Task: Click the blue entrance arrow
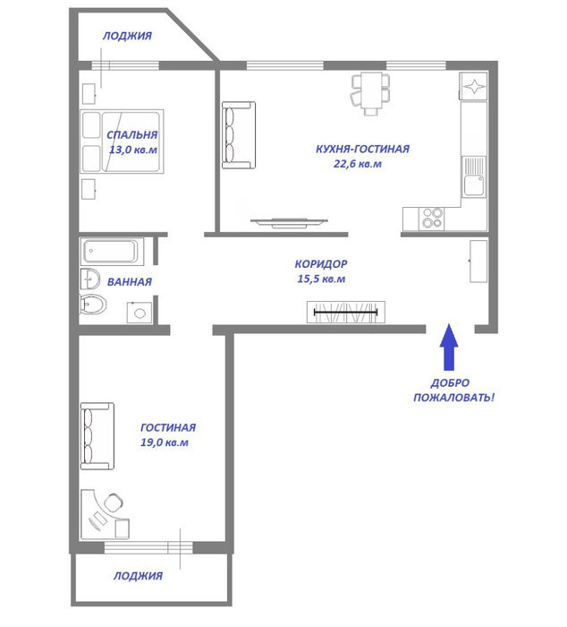[x=449, y=347]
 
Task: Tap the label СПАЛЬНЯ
[x=131, y=134]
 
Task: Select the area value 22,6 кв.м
[x=358, y=164]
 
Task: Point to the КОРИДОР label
[x=321, y=264]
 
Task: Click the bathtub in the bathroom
[x=112, y=251]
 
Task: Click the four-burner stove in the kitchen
[x=432, y=219]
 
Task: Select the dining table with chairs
[x=370, y=93]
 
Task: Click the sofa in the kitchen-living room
[x=239, y=135]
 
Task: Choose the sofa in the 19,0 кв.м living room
[x=97, y=436]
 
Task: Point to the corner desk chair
[x=114, y=502]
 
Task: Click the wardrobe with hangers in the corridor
[x=346, y=312]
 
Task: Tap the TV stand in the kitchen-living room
[x=289, y=223]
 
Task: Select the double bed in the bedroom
[x=122, y=142]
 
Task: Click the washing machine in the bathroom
[x=140, y=313]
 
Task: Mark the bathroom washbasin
[x=90, y=279]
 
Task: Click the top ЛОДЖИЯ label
[x=127, y=36]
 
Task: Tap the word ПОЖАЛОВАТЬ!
[x=453, y=398]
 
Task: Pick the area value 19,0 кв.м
[x=165, y=442]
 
